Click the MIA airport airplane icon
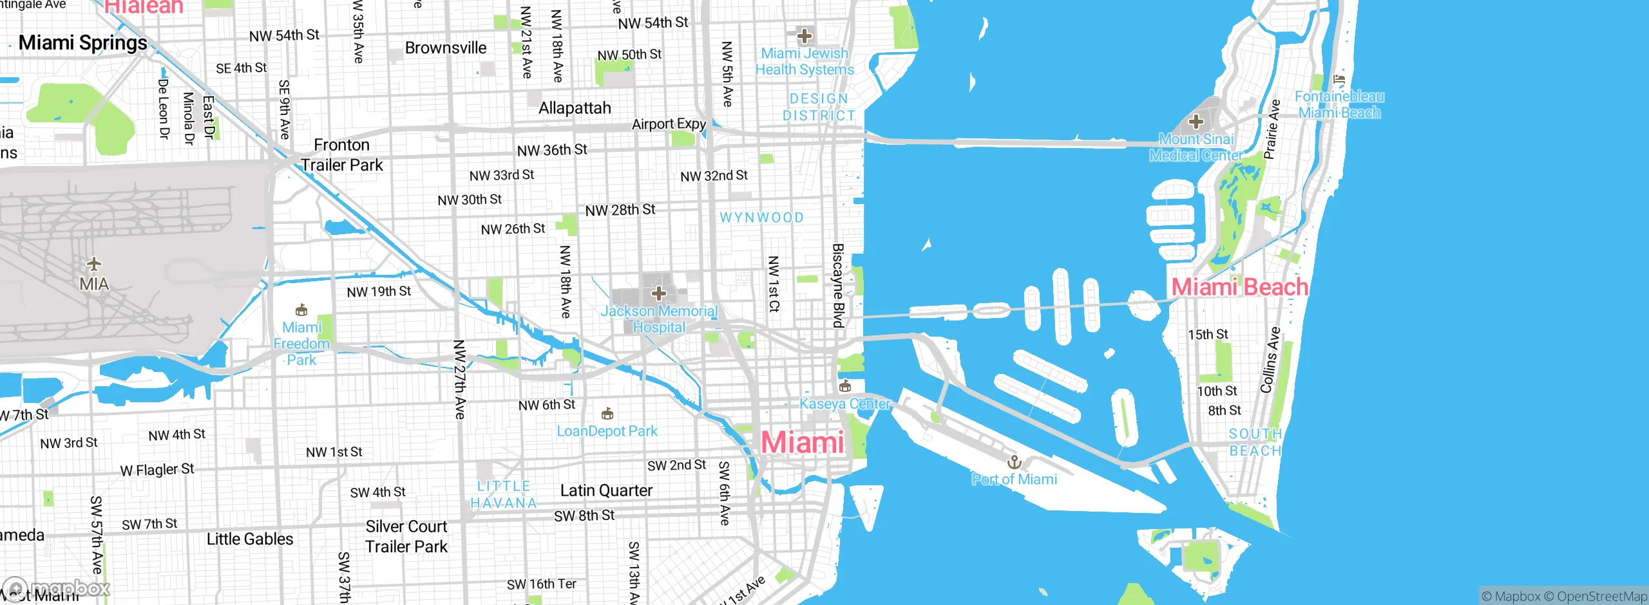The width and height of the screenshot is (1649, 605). (x=94, y=264)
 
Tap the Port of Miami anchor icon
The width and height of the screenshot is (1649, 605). (x=1015, y=461)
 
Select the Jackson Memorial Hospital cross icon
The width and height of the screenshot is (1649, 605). (x=658, y=294)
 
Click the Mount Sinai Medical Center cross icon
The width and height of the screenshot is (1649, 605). (x=1196, y=121)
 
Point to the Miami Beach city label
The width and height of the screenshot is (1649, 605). (x=1239, y=287)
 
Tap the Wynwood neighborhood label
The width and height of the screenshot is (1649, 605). (x=761, y=218)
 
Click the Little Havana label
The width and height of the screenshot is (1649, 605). (x=504, y=494)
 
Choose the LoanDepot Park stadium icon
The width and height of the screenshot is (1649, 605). (x=607, y=413)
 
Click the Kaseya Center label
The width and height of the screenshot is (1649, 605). (x=844, y=404)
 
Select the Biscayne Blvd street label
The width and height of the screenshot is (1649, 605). (x=838, y=285)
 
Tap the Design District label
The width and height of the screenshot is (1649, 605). (x=819, y=107)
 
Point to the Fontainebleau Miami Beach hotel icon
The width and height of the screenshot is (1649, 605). (x=1340, y=80)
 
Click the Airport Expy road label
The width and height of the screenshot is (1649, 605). (x=669, y=124)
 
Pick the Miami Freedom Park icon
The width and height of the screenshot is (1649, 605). (x=301, y=310)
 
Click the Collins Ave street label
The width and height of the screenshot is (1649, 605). (x=1270, y=360)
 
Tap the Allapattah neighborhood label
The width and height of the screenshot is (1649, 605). (x=575, y=108)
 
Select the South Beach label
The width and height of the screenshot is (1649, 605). (x=1255, y=442)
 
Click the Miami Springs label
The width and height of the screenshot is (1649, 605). (x=83, y=42)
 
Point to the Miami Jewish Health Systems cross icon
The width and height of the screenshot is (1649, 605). (x=804, y=35)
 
